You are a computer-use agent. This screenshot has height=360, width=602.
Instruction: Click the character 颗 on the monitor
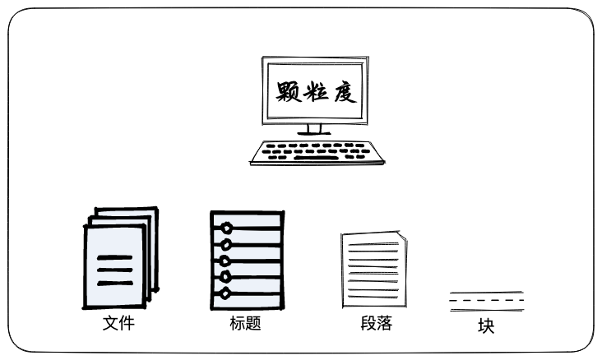288,92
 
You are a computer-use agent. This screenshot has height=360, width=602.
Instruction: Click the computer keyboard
317,153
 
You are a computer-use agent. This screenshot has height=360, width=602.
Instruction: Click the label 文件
118,323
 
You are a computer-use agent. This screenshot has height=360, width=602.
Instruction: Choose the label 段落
376,323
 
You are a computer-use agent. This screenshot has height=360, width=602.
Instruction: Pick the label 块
486,326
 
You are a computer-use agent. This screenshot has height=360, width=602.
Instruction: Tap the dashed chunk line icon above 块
486,301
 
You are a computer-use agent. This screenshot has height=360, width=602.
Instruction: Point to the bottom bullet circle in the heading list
224,293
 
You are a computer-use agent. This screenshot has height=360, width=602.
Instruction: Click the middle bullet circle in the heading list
224,261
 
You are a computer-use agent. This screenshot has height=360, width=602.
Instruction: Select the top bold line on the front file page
114,259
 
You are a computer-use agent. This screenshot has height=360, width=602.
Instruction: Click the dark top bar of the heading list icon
247,215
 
